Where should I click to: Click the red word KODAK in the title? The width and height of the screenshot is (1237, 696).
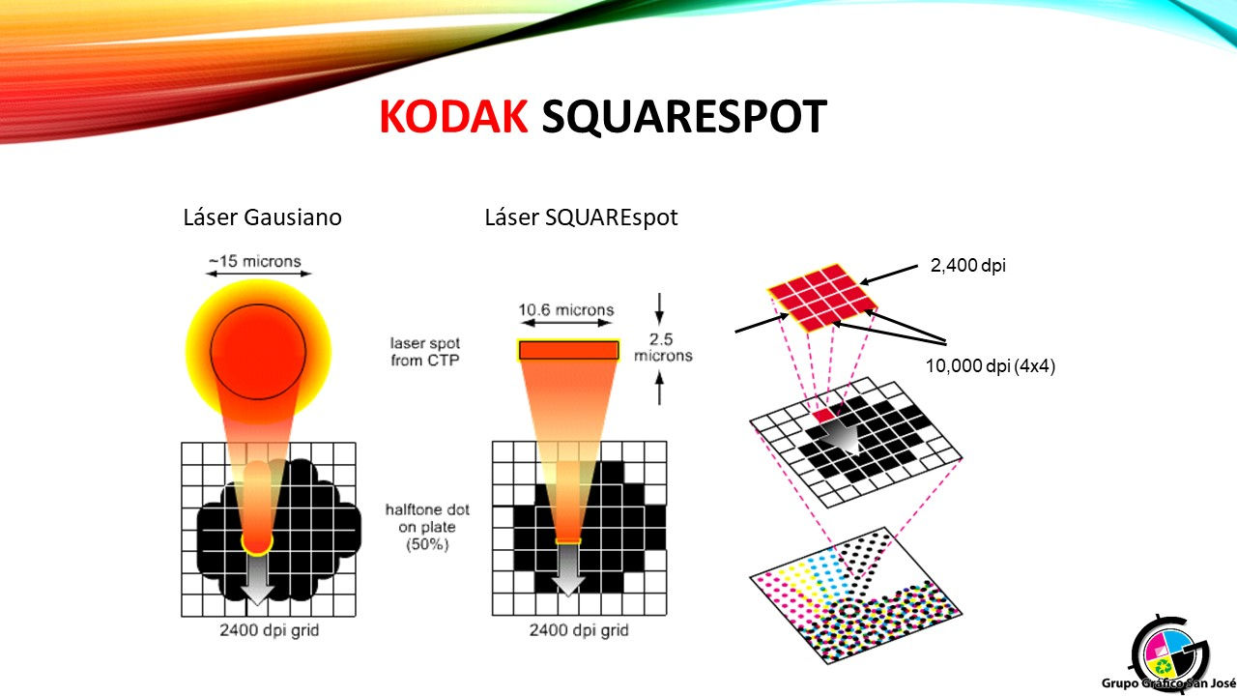pyautogui.click(x=453, y=117)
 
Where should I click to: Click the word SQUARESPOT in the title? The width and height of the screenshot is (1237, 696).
pyautogui.click(x=683, y=117)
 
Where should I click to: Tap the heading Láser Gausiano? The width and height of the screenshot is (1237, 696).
pyautogui.click(x=262, y=217)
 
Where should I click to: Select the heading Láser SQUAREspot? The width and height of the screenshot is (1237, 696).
pyautogui.click(x=581, y=217)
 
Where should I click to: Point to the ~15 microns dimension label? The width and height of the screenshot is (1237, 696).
pyautogui.click(x=255, y=261)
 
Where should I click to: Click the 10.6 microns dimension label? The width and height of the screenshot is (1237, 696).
pyautogui.click(x=566, y=309)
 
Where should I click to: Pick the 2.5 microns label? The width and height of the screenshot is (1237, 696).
pyautogui.click(x=663, y=347)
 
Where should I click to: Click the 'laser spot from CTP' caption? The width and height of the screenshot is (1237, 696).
pyautogui.click(x=424, y=352)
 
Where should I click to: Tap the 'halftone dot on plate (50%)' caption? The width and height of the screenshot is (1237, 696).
pyautogui.click(x=427, y=527)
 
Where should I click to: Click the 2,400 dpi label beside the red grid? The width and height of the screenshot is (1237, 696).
pyautogui.click(x=967, y=266)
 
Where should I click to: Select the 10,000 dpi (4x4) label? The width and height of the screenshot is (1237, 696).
pyautogui.click(x=991, y=365)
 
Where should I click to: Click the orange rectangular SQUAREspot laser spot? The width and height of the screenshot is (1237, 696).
pyautogui.click(x=568, y=350)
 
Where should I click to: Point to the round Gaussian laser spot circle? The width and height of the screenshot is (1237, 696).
pyautogui.click(x=258, y=351)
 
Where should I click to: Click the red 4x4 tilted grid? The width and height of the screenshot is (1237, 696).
pyautogui.click(x=822, y=298)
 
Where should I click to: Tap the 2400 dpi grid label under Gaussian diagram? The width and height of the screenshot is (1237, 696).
pyautogui.click(x=269, y=630)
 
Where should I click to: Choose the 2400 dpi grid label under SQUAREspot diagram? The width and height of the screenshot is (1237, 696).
pyautogui.click(x=579, y=630)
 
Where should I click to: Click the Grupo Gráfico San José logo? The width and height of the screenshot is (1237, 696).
pyautogui.click(x=1168, y=655)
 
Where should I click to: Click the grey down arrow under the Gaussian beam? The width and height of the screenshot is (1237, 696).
pyautogui.click(x=257, y=579)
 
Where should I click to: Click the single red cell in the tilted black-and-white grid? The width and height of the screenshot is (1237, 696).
pyautogui.click(x=823, y=416)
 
